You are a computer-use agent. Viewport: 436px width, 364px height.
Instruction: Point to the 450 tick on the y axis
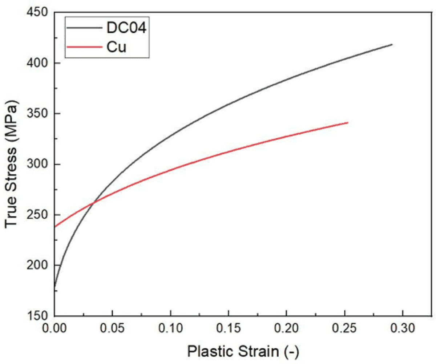tap(38, 13)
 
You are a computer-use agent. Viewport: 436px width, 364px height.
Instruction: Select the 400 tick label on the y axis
tap(38, 63)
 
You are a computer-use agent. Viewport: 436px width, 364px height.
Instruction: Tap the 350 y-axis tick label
tap(38, 114)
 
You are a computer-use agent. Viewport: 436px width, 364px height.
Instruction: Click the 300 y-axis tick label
tap(38, 164)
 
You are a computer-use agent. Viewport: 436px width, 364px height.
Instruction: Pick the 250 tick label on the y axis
tap(38, 215)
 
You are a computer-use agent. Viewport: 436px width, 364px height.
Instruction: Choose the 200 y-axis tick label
tap(38, 266)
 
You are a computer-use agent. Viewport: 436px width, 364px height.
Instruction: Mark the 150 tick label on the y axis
tap(38, 316)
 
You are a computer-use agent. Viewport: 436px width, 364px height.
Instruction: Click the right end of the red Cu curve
tap(348, 122)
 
